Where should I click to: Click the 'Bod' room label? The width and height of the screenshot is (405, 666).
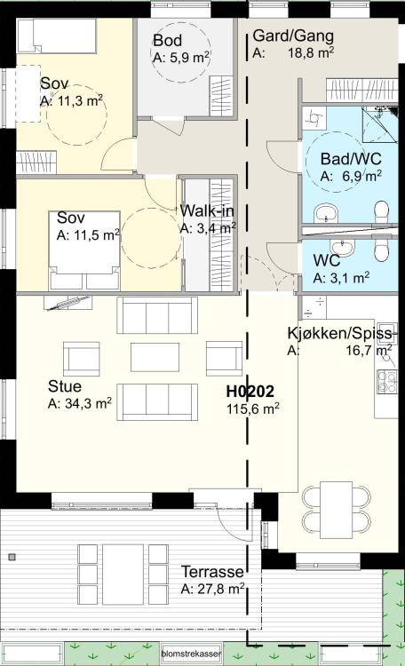(168, 40)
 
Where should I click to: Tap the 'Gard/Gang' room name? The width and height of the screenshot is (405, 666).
(293, 36)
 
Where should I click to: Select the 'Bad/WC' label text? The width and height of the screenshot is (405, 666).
(351, 159)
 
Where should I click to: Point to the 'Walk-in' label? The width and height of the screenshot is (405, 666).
(207, 210)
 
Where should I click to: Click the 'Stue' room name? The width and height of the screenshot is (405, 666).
(65, 386)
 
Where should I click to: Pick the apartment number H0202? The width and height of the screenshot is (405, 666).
(250, 392)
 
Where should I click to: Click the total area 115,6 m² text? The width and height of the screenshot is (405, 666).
(253, 408)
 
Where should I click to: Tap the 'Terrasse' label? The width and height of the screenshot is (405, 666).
(212, 572)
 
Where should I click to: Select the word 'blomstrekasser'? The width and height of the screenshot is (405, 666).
(191, 654)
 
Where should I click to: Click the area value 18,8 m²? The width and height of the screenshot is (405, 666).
(311, 52)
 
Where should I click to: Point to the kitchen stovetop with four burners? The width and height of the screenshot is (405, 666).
(387, 382)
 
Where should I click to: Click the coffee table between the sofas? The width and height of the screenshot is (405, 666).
(155, 357)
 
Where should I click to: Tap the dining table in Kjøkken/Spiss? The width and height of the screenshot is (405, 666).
(336, 510)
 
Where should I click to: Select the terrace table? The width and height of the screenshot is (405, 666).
(123, 575)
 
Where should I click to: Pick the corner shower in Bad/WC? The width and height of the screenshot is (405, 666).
(380, 124)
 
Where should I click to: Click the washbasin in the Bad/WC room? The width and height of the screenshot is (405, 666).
(326, 214)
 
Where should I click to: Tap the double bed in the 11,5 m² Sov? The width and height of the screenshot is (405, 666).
(84, 250)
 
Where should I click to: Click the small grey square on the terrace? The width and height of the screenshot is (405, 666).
(12, 557)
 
